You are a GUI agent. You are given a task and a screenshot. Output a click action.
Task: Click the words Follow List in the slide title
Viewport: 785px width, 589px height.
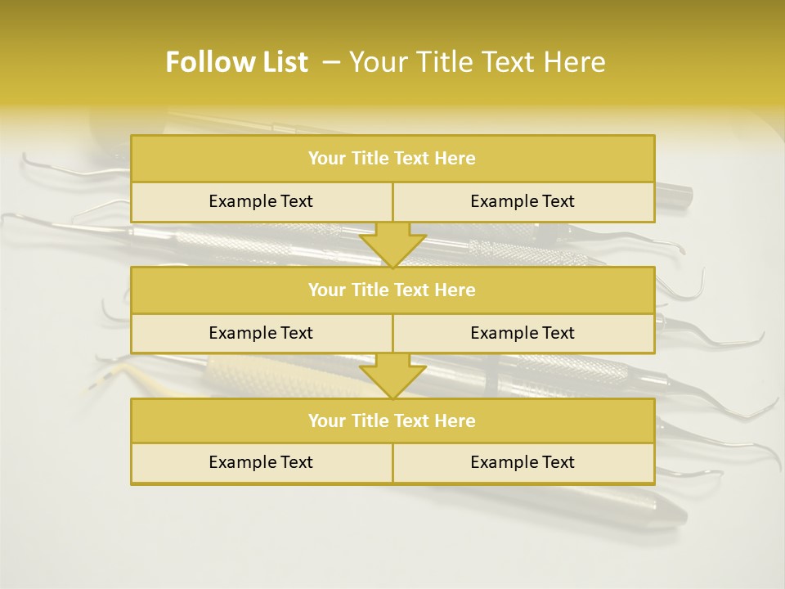tap(236, 62)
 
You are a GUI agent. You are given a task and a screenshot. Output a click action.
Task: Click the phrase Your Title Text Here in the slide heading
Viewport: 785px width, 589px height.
tap(477, 62)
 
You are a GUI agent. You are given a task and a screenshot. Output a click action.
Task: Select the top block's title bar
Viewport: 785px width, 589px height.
tap(392, 159)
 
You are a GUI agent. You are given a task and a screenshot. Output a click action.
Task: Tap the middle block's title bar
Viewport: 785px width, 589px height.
tap(392, 290)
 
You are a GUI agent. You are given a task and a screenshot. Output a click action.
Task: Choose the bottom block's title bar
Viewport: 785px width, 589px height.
tap(392, 420)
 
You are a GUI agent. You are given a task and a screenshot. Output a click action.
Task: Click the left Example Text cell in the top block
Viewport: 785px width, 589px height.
tap(261, 201)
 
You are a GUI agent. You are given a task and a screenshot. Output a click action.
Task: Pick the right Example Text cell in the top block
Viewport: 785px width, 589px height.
tap(523, 201)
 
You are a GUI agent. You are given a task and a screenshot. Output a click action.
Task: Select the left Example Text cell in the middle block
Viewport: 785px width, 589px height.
tap(261, 333)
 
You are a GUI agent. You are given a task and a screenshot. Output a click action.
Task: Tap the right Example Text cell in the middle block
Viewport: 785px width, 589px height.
tap(523, 333)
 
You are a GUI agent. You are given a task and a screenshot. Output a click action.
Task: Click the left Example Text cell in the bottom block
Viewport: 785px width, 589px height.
tap(261, 462)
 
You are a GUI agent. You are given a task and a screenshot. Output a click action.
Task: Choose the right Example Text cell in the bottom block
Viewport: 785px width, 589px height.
tap(523, 462)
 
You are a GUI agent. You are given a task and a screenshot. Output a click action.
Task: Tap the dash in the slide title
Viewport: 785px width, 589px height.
tap(331, 62)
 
